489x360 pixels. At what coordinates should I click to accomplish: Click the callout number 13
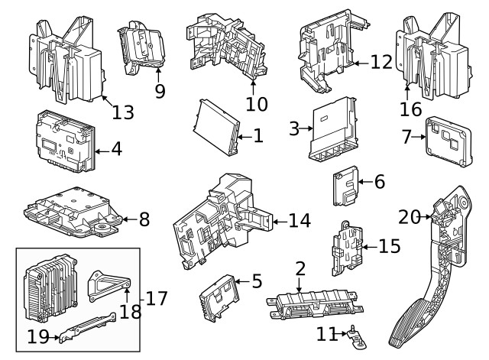pos(122,112)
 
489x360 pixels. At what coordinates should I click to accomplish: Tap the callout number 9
pos(159,90)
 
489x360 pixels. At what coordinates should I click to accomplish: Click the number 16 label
pos(410,109)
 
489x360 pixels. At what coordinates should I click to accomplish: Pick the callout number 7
pos(406,138)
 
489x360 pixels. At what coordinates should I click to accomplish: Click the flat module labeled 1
pos(216,125)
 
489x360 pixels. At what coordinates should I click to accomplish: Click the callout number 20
pos(408,218)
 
